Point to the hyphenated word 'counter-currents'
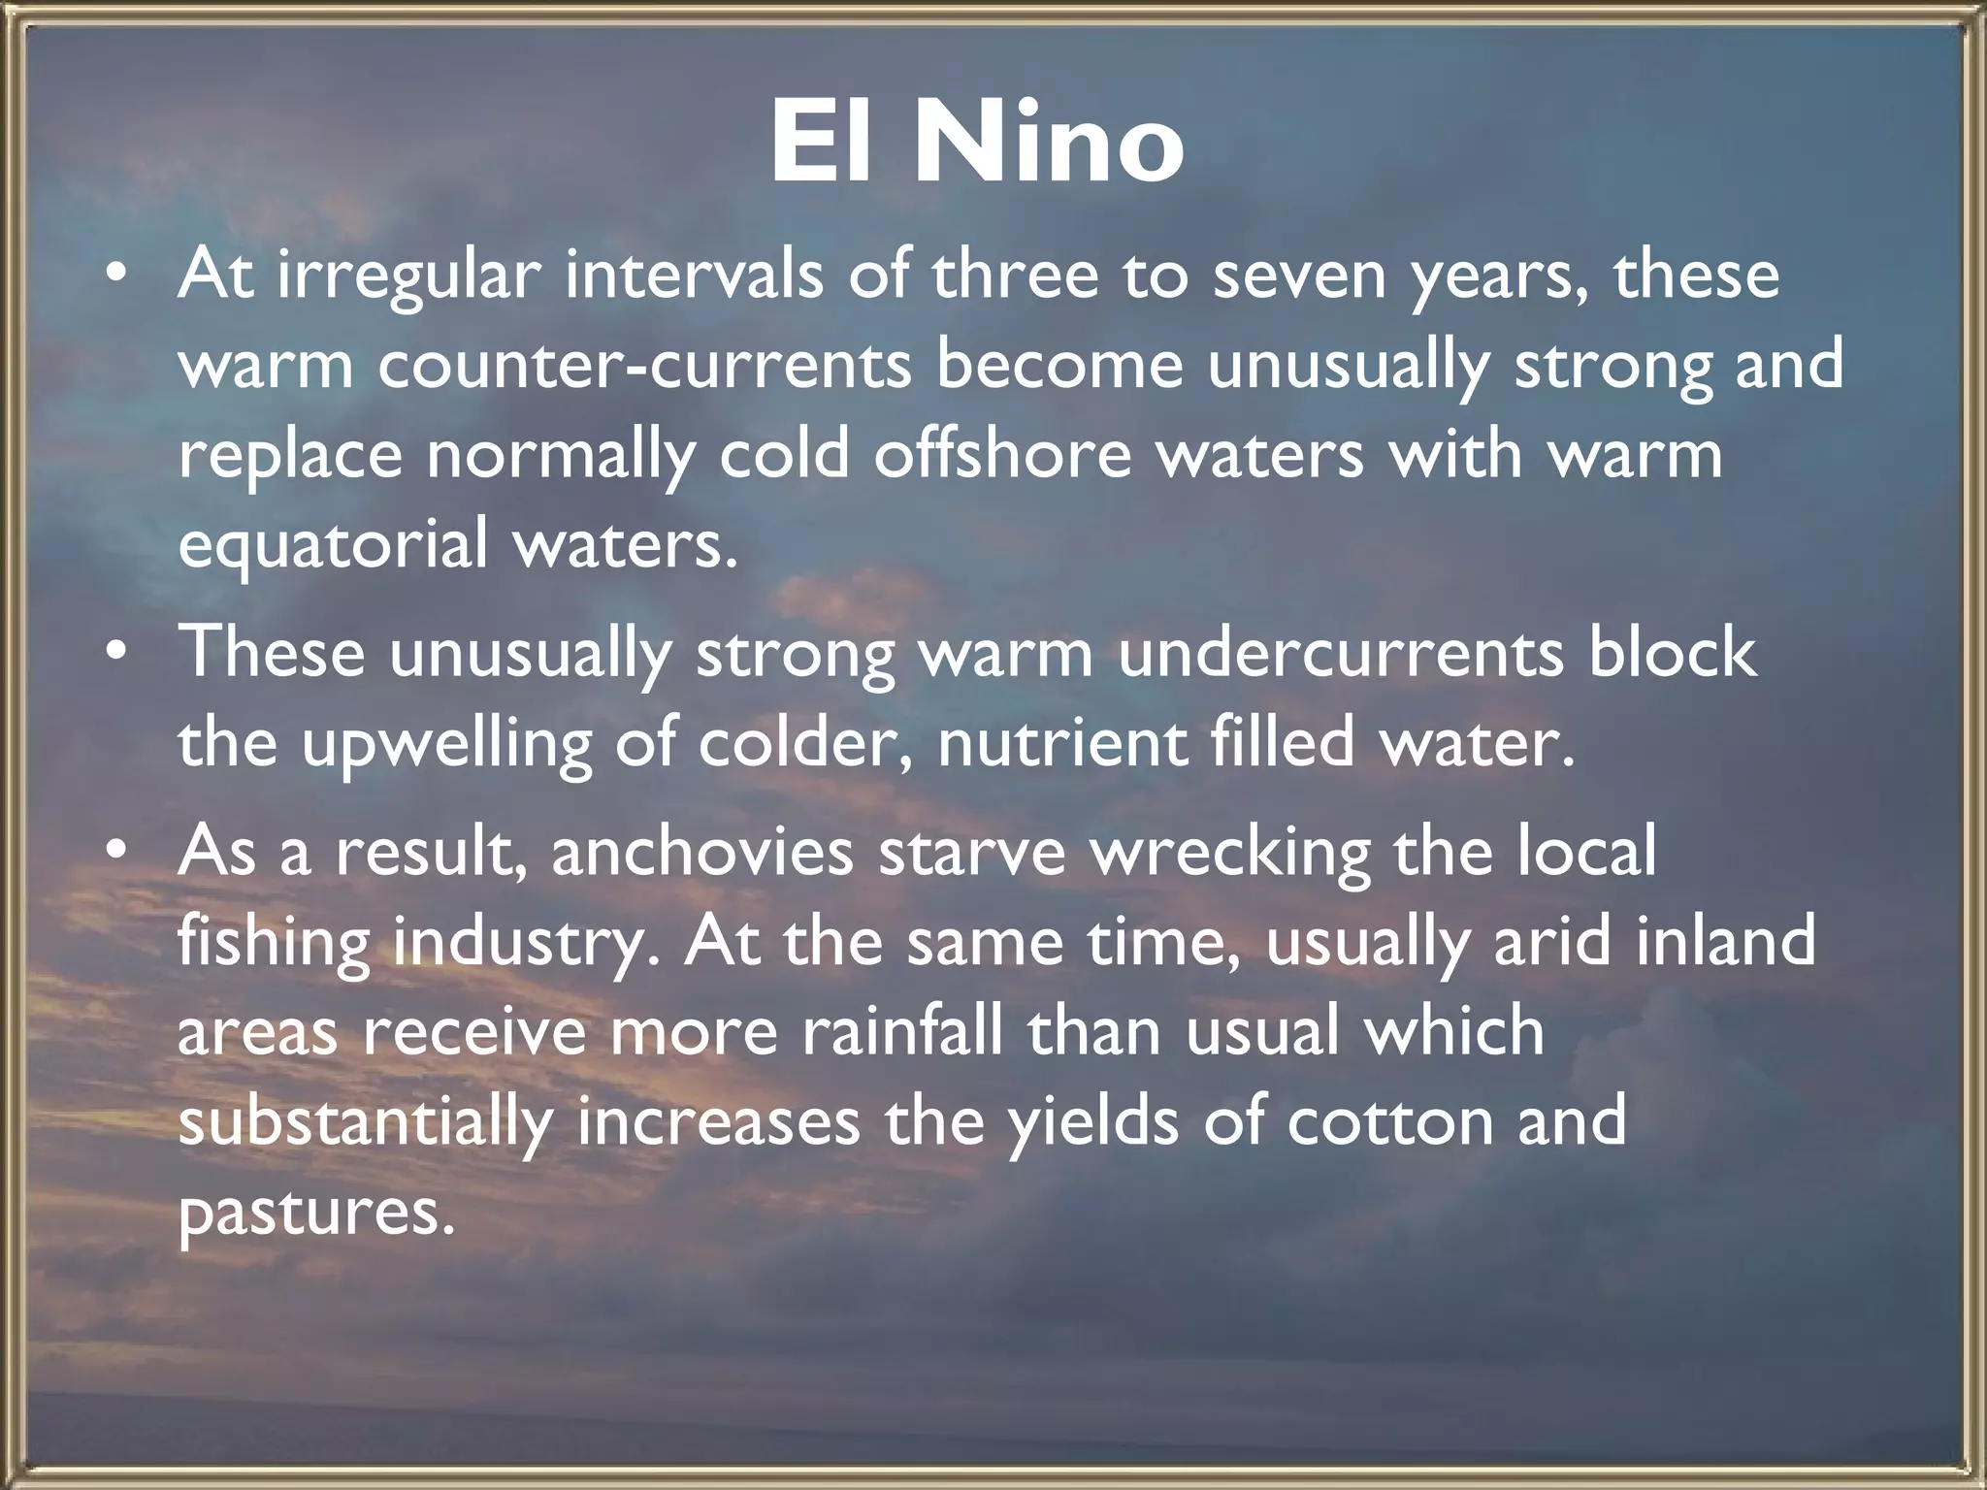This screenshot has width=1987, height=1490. click(644, 367)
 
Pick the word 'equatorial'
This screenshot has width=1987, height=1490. click(333, 545)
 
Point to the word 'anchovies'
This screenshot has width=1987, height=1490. click(702, 852)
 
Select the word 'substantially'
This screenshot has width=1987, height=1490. click(365, 1123)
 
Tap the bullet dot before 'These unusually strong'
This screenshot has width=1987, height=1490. click(116, 654)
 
